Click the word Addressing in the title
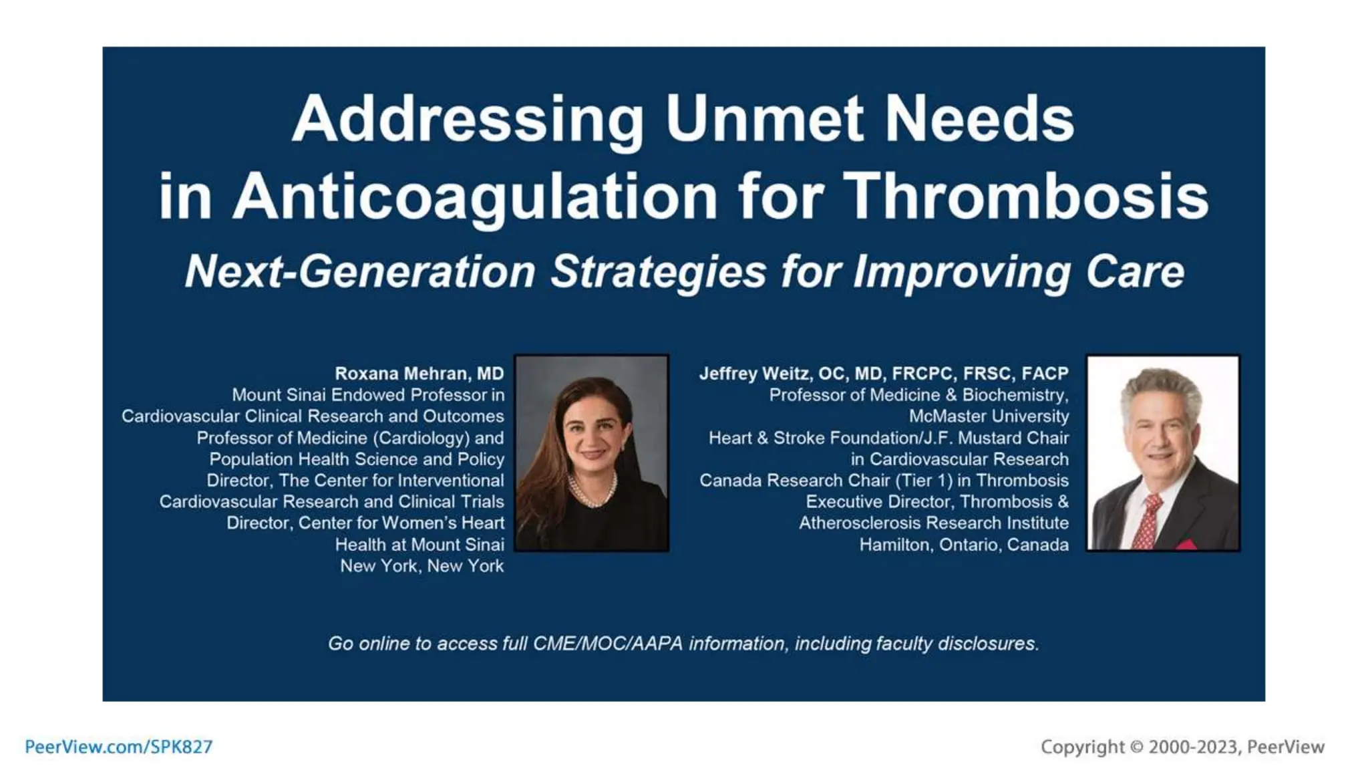coord(468,120)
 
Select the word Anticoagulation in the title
coord(475,197)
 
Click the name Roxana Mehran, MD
coord(419,374)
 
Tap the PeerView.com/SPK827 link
coord(118,747)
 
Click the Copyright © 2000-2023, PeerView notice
coord(1182,747)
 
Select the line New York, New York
coord(421,566)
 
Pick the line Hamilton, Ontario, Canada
coord(963,545)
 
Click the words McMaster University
coord(988,416)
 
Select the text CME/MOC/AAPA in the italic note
coord(607,644)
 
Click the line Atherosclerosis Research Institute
coord(933,523)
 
